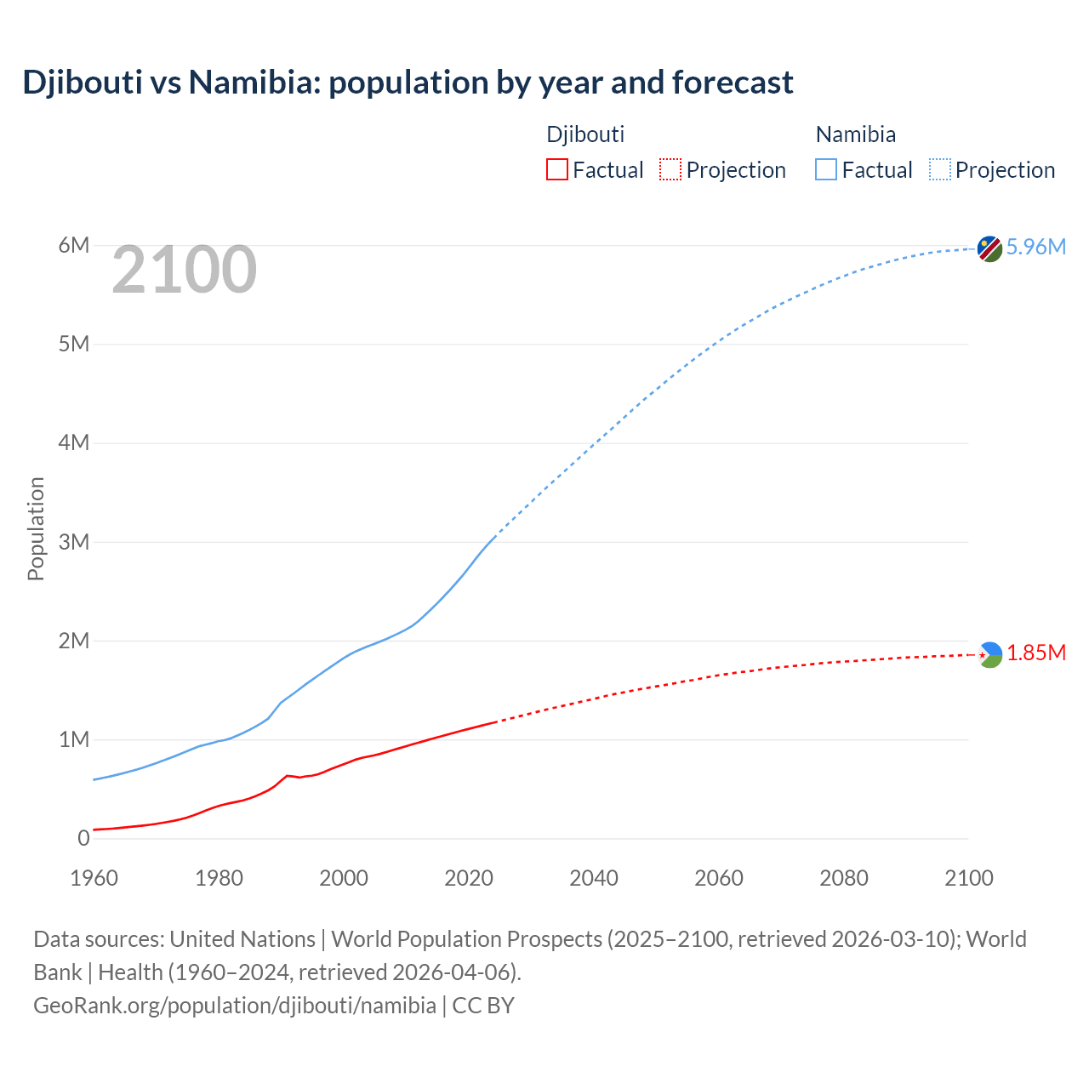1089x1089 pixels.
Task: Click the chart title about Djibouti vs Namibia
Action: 408,83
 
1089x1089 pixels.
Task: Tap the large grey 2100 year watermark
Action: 184,270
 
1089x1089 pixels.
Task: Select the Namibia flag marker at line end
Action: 989,248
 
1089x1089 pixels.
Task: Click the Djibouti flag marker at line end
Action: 989,654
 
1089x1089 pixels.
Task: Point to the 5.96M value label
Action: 1035,247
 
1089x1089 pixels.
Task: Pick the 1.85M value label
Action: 1036,653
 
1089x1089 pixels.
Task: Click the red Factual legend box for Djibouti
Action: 556,169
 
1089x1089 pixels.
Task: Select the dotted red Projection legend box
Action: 670,169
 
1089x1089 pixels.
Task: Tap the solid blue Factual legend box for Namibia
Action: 825,169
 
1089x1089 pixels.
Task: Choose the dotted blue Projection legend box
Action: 939,169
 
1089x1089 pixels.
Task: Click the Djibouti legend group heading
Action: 585,134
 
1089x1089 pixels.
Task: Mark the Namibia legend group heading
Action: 855,134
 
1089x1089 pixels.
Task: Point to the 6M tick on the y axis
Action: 74,246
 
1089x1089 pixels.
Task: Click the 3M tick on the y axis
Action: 74,542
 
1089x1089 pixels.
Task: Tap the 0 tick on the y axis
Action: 83,838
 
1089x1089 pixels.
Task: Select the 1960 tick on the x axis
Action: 94,878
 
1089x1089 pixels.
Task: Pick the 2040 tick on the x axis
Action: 594,878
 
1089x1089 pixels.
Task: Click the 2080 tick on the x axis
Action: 844,878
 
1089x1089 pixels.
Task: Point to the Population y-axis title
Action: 36,528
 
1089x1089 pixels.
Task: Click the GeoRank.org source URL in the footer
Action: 235,1006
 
